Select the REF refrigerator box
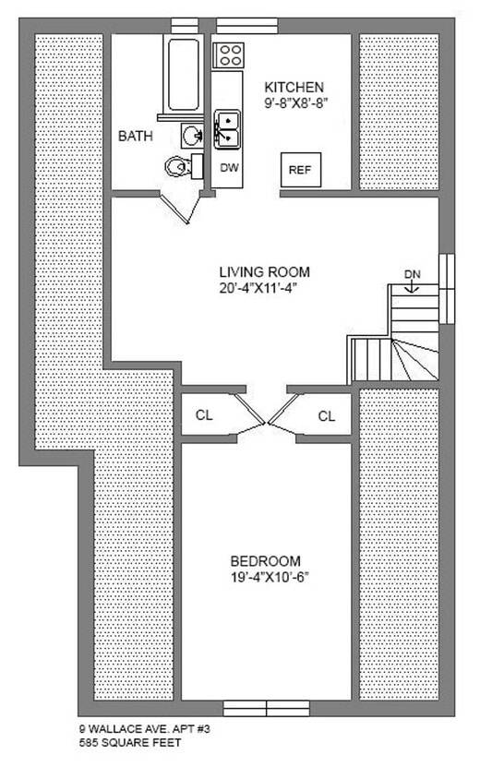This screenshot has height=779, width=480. (299, 170)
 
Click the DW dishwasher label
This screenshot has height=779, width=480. (228, 168)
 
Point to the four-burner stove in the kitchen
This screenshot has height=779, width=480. (228, 54)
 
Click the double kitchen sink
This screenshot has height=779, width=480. (227, 129)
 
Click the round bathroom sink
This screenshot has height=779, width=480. (191, 136)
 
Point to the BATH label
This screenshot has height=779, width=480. (135, 137)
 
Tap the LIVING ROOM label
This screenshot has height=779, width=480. (264, 272)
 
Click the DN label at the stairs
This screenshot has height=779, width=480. (413, 274)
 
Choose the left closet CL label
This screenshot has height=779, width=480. (203, 415)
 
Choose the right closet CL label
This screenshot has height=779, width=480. (327, 415)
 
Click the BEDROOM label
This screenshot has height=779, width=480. (266, 561)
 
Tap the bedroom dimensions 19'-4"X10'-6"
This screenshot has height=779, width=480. (266, 577)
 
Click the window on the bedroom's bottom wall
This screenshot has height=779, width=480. (267, 709)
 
